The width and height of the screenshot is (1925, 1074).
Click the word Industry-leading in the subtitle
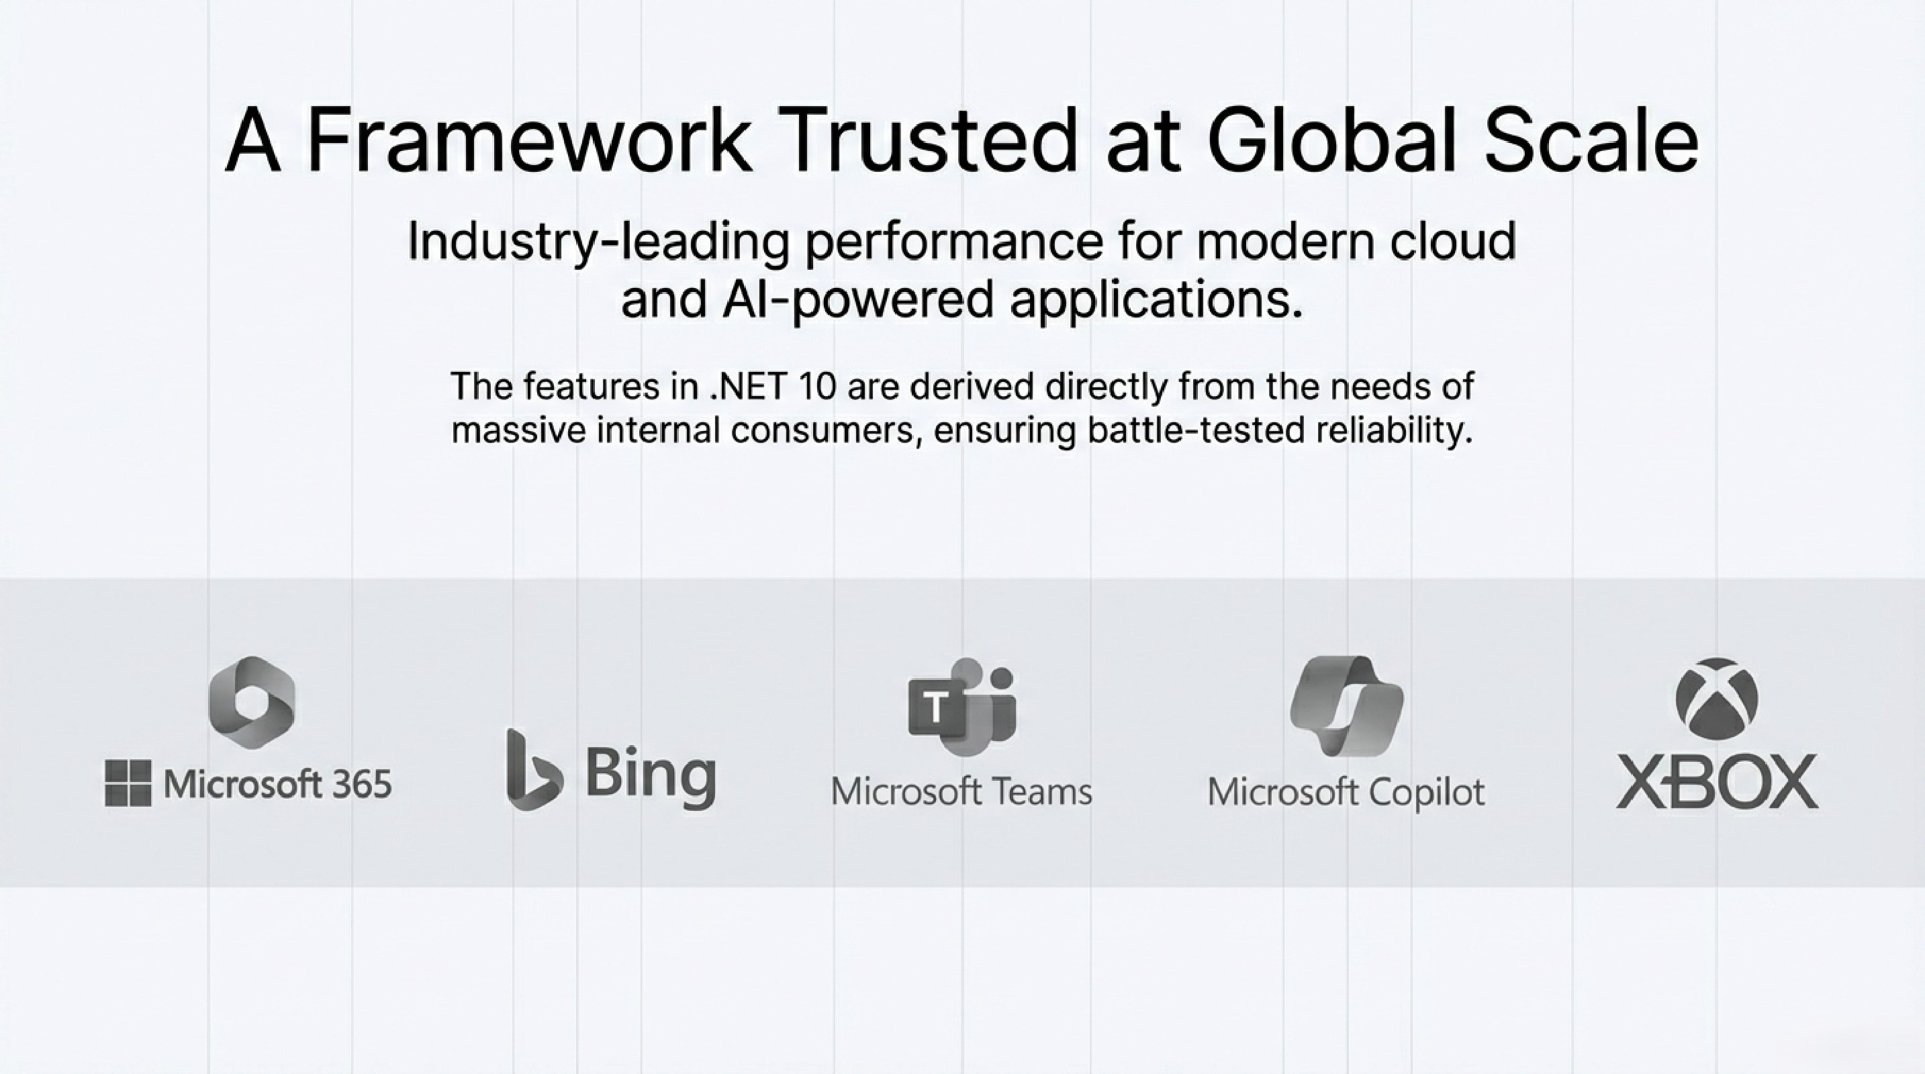(598, 243)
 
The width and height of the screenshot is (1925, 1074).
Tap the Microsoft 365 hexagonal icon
(252, 702)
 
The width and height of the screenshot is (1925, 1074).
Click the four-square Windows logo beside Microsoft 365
(128, 783)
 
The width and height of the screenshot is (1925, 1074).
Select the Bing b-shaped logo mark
(531, 769)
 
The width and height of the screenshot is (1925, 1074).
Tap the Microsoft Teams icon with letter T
(961, 705)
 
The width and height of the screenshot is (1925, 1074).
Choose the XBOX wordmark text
(1716, 781)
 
